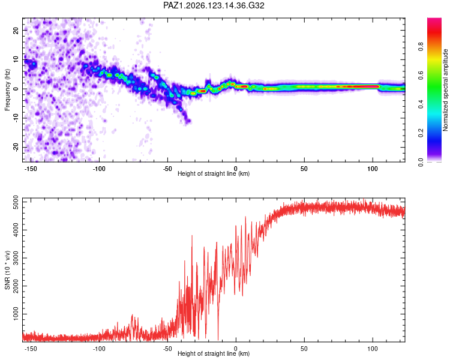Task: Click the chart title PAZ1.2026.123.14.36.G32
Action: [214, 5]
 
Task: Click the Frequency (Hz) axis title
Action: [7, 90]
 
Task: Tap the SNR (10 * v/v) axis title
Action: [7, 270]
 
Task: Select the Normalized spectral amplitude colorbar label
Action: [445, 90]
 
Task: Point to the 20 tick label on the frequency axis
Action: [16, 30]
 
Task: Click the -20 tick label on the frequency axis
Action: [16, 148]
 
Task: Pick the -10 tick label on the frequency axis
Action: [16, 118]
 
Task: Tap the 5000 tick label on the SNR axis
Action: [16, 202]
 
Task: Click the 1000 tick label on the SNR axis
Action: [16, 314]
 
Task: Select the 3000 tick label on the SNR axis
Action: [16, 258]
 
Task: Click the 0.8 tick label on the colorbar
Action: [421, 47]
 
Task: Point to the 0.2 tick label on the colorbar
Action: [421, 133]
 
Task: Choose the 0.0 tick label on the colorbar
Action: [421, 162]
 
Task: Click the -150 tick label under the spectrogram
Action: [31, 169]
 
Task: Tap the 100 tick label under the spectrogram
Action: [373, 169]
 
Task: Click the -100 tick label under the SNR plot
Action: [99, 349]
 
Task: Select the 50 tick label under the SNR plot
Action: [304, 349]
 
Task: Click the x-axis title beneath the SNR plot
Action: [214, 353]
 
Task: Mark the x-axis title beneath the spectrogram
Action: [214, 173]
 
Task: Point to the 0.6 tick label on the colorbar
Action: [421, 75]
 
